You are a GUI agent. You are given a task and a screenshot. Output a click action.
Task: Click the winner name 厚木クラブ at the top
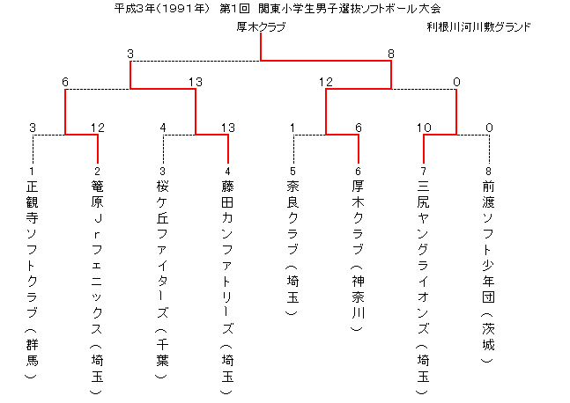(261, 27)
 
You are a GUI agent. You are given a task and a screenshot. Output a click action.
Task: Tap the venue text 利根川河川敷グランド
(478, 27)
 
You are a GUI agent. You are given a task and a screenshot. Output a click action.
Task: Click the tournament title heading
(278, 8)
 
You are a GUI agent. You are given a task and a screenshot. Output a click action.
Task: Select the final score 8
(391, 54)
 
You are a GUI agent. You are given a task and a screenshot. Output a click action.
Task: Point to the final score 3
(130, 54)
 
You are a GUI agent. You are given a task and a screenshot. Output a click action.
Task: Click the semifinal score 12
(326, 82)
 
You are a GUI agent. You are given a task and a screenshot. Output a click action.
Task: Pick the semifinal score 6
(65, 82)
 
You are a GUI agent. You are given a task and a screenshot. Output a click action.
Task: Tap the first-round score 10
(424, 128)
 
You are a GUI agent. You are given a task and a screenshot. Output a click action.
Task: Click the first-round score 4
(163, 128)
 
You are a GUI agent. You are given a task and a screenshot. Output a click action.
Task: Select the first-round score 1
(292, 128)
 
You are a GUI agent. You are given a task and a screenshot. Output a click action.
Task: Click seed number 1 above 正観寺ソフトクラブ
(32, 171)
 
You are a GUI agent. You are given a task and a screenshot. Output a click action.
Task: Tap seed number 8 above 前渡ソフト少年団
(489, 171)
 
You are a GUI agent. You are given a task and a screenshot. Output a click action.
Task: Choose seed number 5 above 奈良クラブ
(293, 171)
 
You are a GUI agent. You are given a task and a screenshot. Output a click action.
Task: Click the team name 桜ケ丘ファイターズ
(162, 249)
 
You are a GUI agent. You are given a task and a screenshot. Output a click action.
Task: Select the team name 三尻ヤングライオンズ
(423, 257)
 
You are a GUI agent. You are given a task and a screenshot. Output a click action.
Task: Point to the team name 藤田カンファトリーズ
(227, 257)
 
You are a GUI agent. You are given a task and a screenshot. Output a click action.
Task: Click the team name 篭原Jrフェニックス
(97, 257)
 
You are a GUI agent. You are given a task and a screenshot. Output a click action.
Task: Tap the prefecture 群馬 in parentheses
(32, 353)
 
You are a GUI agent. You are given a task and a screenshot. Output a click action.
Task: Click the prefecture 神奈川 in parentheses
(358, 297)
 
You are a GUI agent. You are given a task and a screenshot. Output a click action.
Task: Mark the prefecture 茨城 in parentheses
(489, 336)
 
